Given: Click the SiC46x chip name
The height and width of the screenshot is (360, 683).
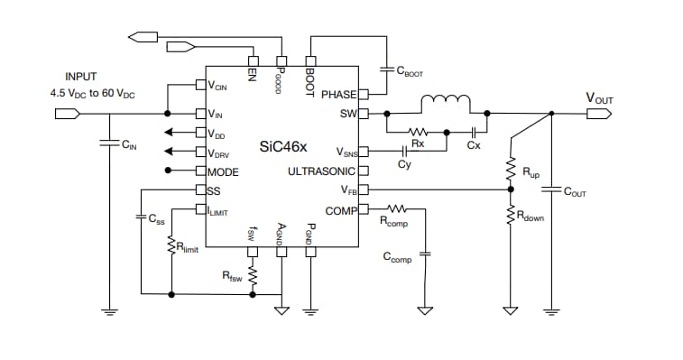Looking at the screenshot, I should click(282, 146).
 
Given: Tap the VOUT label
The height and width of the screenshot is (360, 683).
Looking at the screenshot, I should click(602, 97).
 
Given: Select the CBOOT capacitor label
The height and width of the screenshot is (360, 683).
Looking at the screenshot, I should click(410, 73).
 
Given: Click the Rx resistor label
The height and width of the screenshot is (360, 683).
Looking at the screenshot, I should click(418, 143).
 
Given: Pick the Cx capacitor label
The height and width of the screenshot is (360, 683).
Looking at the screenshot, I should click(473, 144).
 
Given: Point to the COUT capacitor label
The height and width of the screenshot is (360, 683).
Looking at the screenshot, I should click(574, 191).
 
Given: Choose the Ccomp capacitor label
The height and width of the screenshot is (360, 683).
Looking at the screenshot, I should click(397, 259).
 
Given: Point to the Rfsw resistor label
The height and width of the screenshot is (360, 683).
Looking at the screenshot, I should click(234, 275).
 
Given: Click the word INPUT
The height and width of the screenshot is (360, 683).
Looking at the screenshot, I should click(81, 78).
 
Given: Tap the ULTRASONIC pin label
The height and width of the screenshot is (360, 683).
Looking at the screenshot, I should click(322, 171).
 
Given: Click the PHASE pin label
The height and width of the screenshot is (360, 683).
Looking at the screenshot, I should click(338, 94).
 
